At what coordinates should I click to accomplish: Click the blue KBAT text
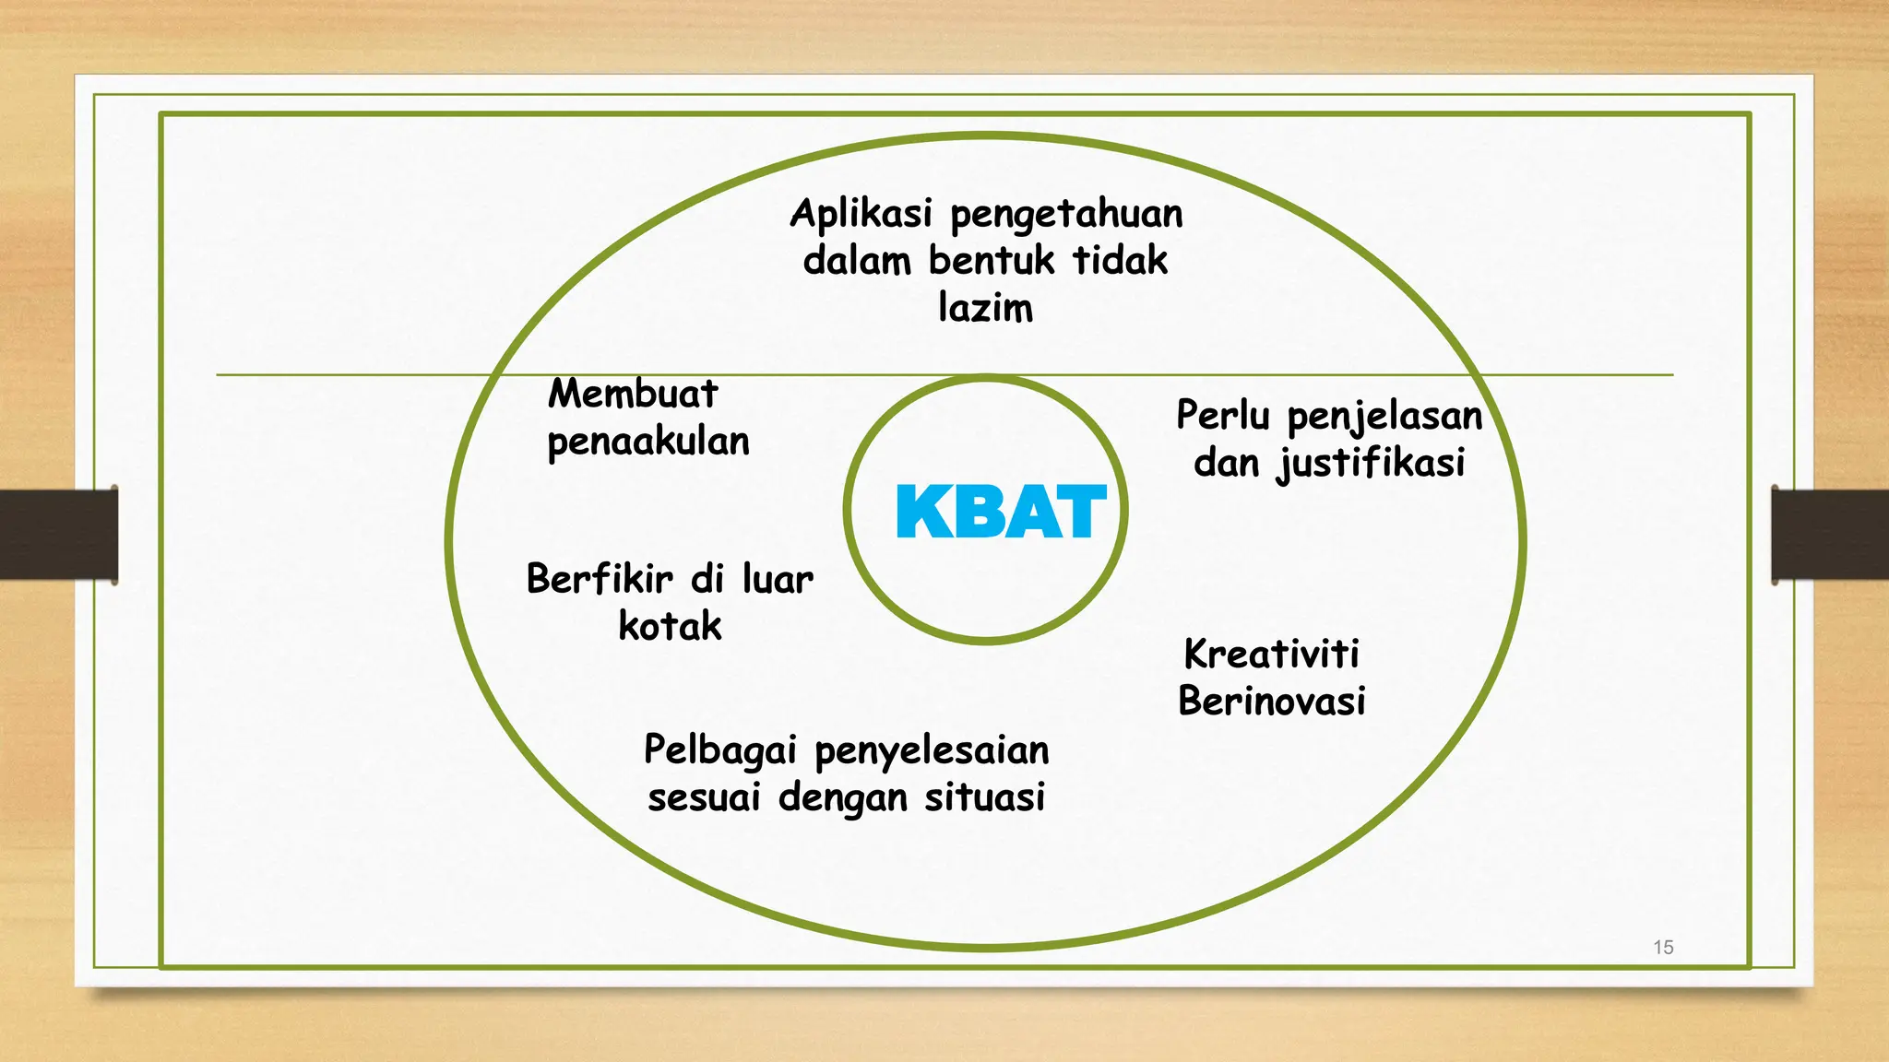pos(1001,512)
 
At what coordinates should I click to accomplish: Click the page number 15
pos(1663,947)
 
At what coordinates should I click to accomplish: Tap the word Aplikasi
pos(861,214)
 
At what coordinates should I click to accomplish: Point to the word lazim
pos(985,308)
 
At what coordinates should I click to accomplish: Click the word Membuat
pos(633,395)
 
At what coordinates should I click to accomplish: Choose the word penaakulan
pos(648,442)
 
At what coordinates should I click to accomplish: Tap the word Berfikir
pos(600,580)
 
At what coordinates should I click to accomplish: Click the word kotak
pos(670,627)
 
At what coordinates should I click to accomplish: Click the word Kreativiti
pos(1271,655)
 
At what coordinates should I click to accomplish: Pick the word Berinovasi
pos(1271,702)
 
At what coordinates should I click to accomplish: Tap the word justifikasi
pos(1371,464)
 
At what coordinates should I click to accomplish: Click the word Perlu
pos(1223,416)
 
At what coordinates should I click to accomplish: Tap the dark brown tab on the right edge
pos(1830,535)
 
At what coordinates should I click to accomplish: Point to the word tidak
pos(1120,261)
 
